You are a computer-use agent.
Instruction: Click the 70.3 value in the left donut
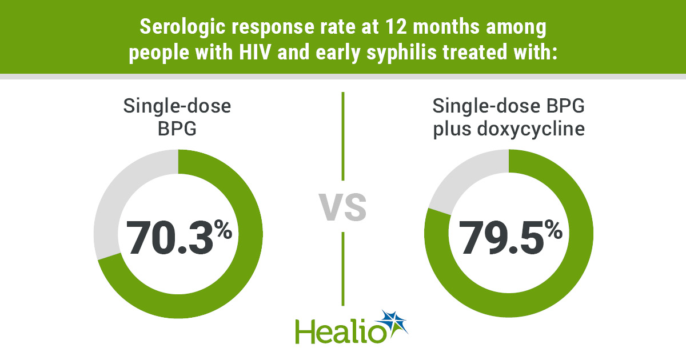click(x=169, y=236)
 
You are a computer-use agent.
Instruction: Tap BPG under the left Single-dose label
click(x=178, y=129)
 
